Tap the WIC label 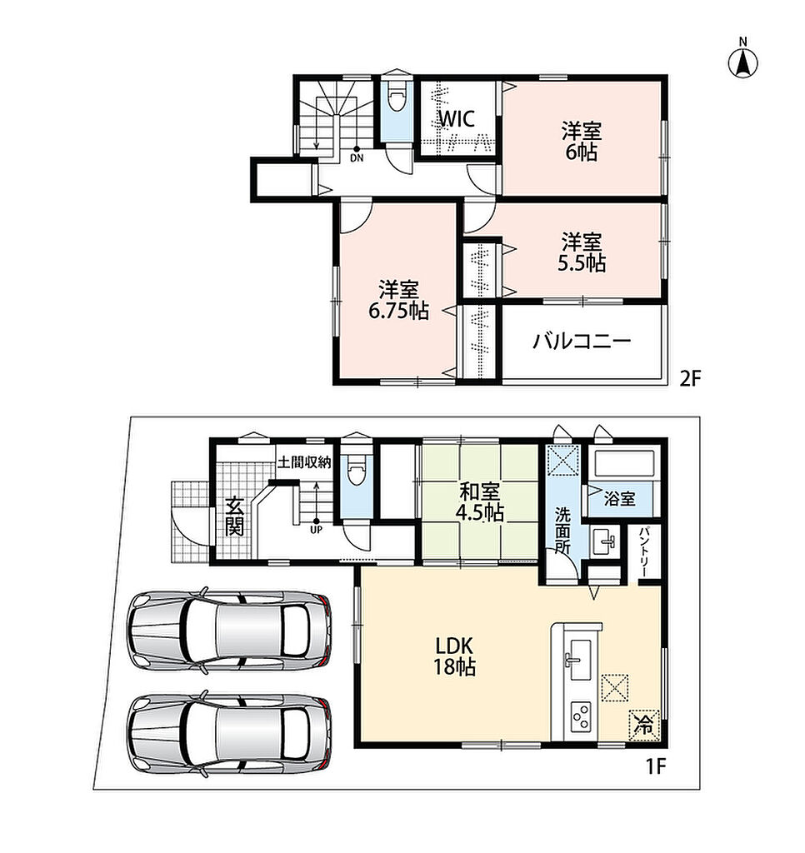tap(457, 118)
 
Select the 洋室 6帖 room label tap(582, 142)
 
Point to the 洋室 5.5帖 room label tap(582, 252)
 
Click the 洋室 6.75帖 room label tap(399, 300)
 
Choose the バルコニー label tap(582, 341)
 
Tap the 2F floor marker tap(690, 378)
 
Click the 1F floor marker tap(656, 766)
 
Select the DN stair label tap(357, 158)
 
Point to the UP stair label tap(316, 529)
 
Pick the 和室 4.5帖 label tap(479, 502)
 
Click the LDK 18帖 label tap(454, 656)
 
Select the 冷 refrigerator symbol tap(644, 726)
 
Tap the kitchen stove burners tap(581, 717)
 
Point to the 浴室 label tap(619, 498)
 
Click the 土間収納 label tap(304, 462)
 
